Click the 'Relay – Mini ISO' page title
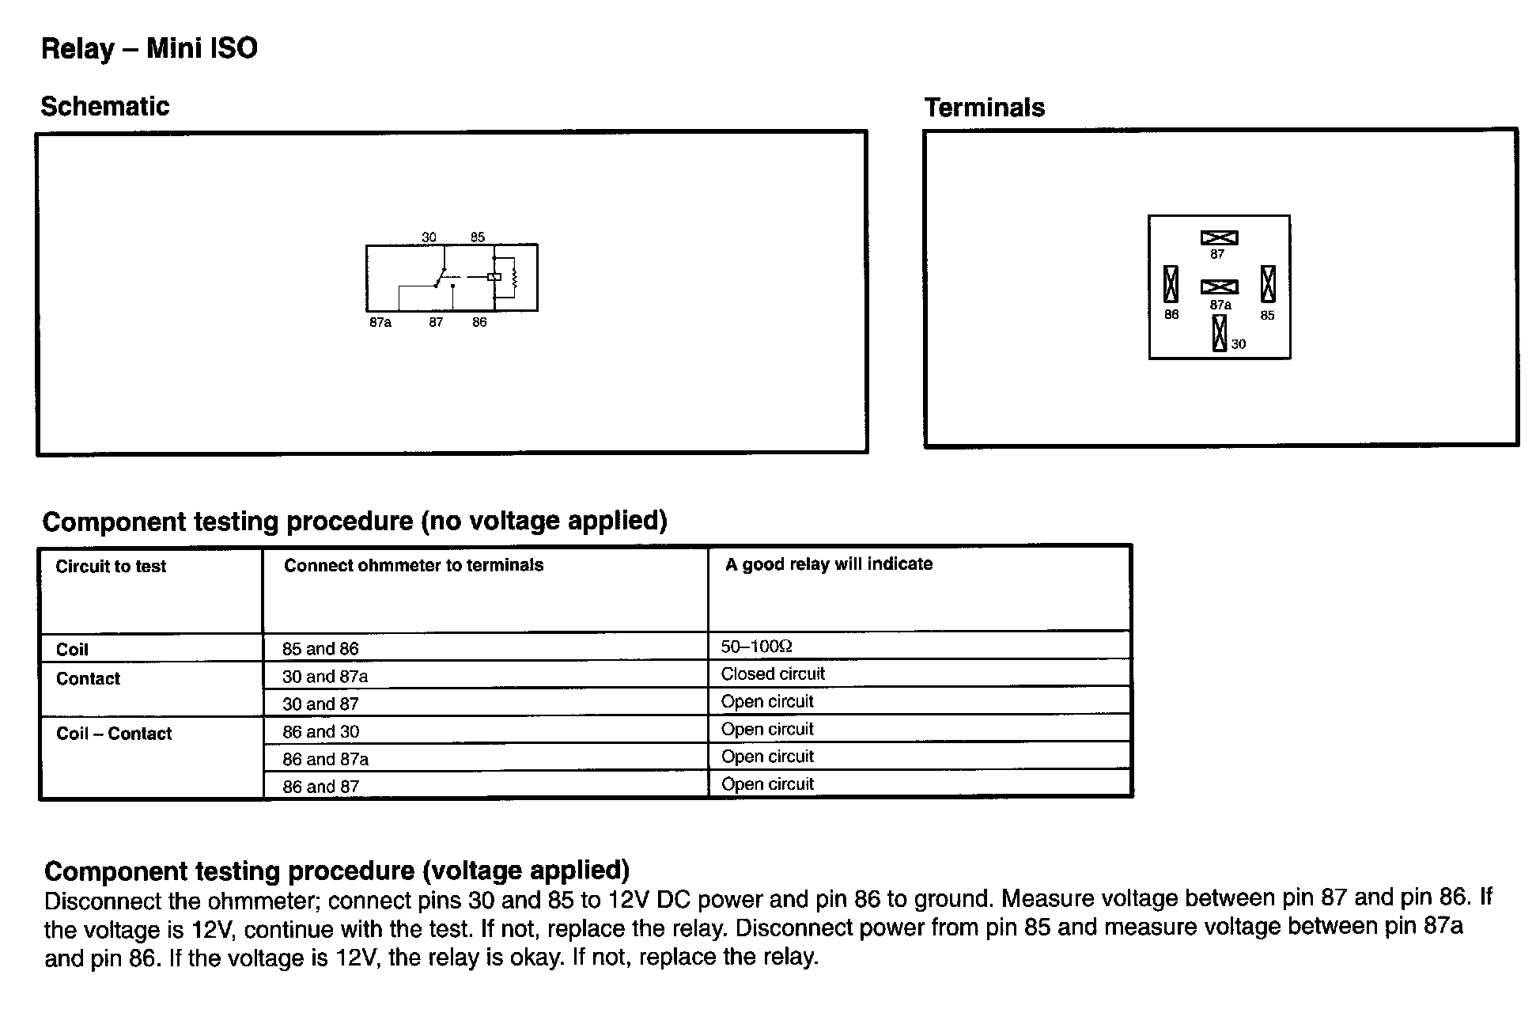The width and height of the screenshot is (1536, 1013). click(x=149, y=49)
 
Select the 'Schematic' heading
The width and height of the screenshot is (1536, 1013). click(x=104, y=107)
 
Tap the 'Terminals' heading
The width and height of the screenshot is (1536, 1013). click(x=984, y=108)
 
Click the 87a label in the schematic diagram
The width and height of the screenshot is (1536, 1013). click(x=380, y=323)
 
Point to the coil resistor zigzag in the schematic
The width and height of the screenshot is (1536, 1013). click(x=514, y=277)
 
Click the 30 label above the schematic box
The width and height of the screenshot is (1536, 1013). click(x=429, y=237)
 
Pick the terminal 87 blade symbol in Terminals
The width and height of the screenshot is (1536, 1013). click(x=1219, y=237)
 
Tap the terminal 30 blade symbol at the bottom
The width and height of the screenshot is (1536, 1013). click(x=1220, y=332)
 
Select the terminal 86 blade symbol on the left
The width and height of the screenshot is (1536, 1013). click(x=1171, y=283)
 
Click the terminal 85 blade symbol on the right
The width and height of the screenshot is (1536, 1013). click(x=1268, y=283)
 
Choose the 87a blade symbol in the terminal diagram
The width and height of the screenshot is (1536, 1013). click(x=1219, y=286)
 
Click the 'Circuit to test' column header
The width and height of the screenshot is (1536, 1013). click(x=111, y=567)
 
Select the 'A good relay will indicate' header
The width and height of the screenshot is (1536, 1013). click(x=829, y=564)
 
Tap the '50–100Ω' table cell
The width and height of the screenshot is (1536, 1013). click(x=756, y=647)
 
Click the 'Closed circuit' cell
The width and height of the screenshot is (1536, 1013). click(x=773, y=674)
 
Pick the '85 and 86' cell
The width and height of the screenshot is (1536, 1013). click(x=320, y=649)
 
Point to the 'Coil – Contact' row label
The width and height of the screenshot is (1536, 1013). click(x=114, y=734)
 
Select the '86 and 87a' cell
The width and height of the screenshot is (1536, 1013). click(x=325, y=760)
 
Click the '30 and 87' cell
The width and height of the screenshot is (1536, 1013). click(x=320, y=704)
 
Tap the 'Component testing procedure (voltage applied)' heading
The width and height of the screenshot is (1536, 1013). click(x=337, y=871)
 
